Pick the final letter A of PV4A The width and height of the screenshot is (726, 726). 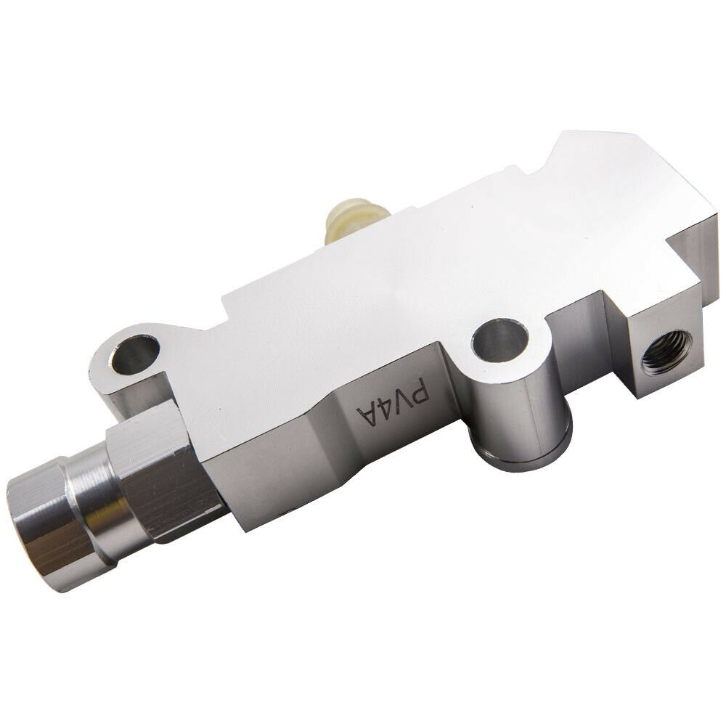[366, 413]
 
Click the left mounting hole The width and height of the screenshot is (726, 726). [135, 354]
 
